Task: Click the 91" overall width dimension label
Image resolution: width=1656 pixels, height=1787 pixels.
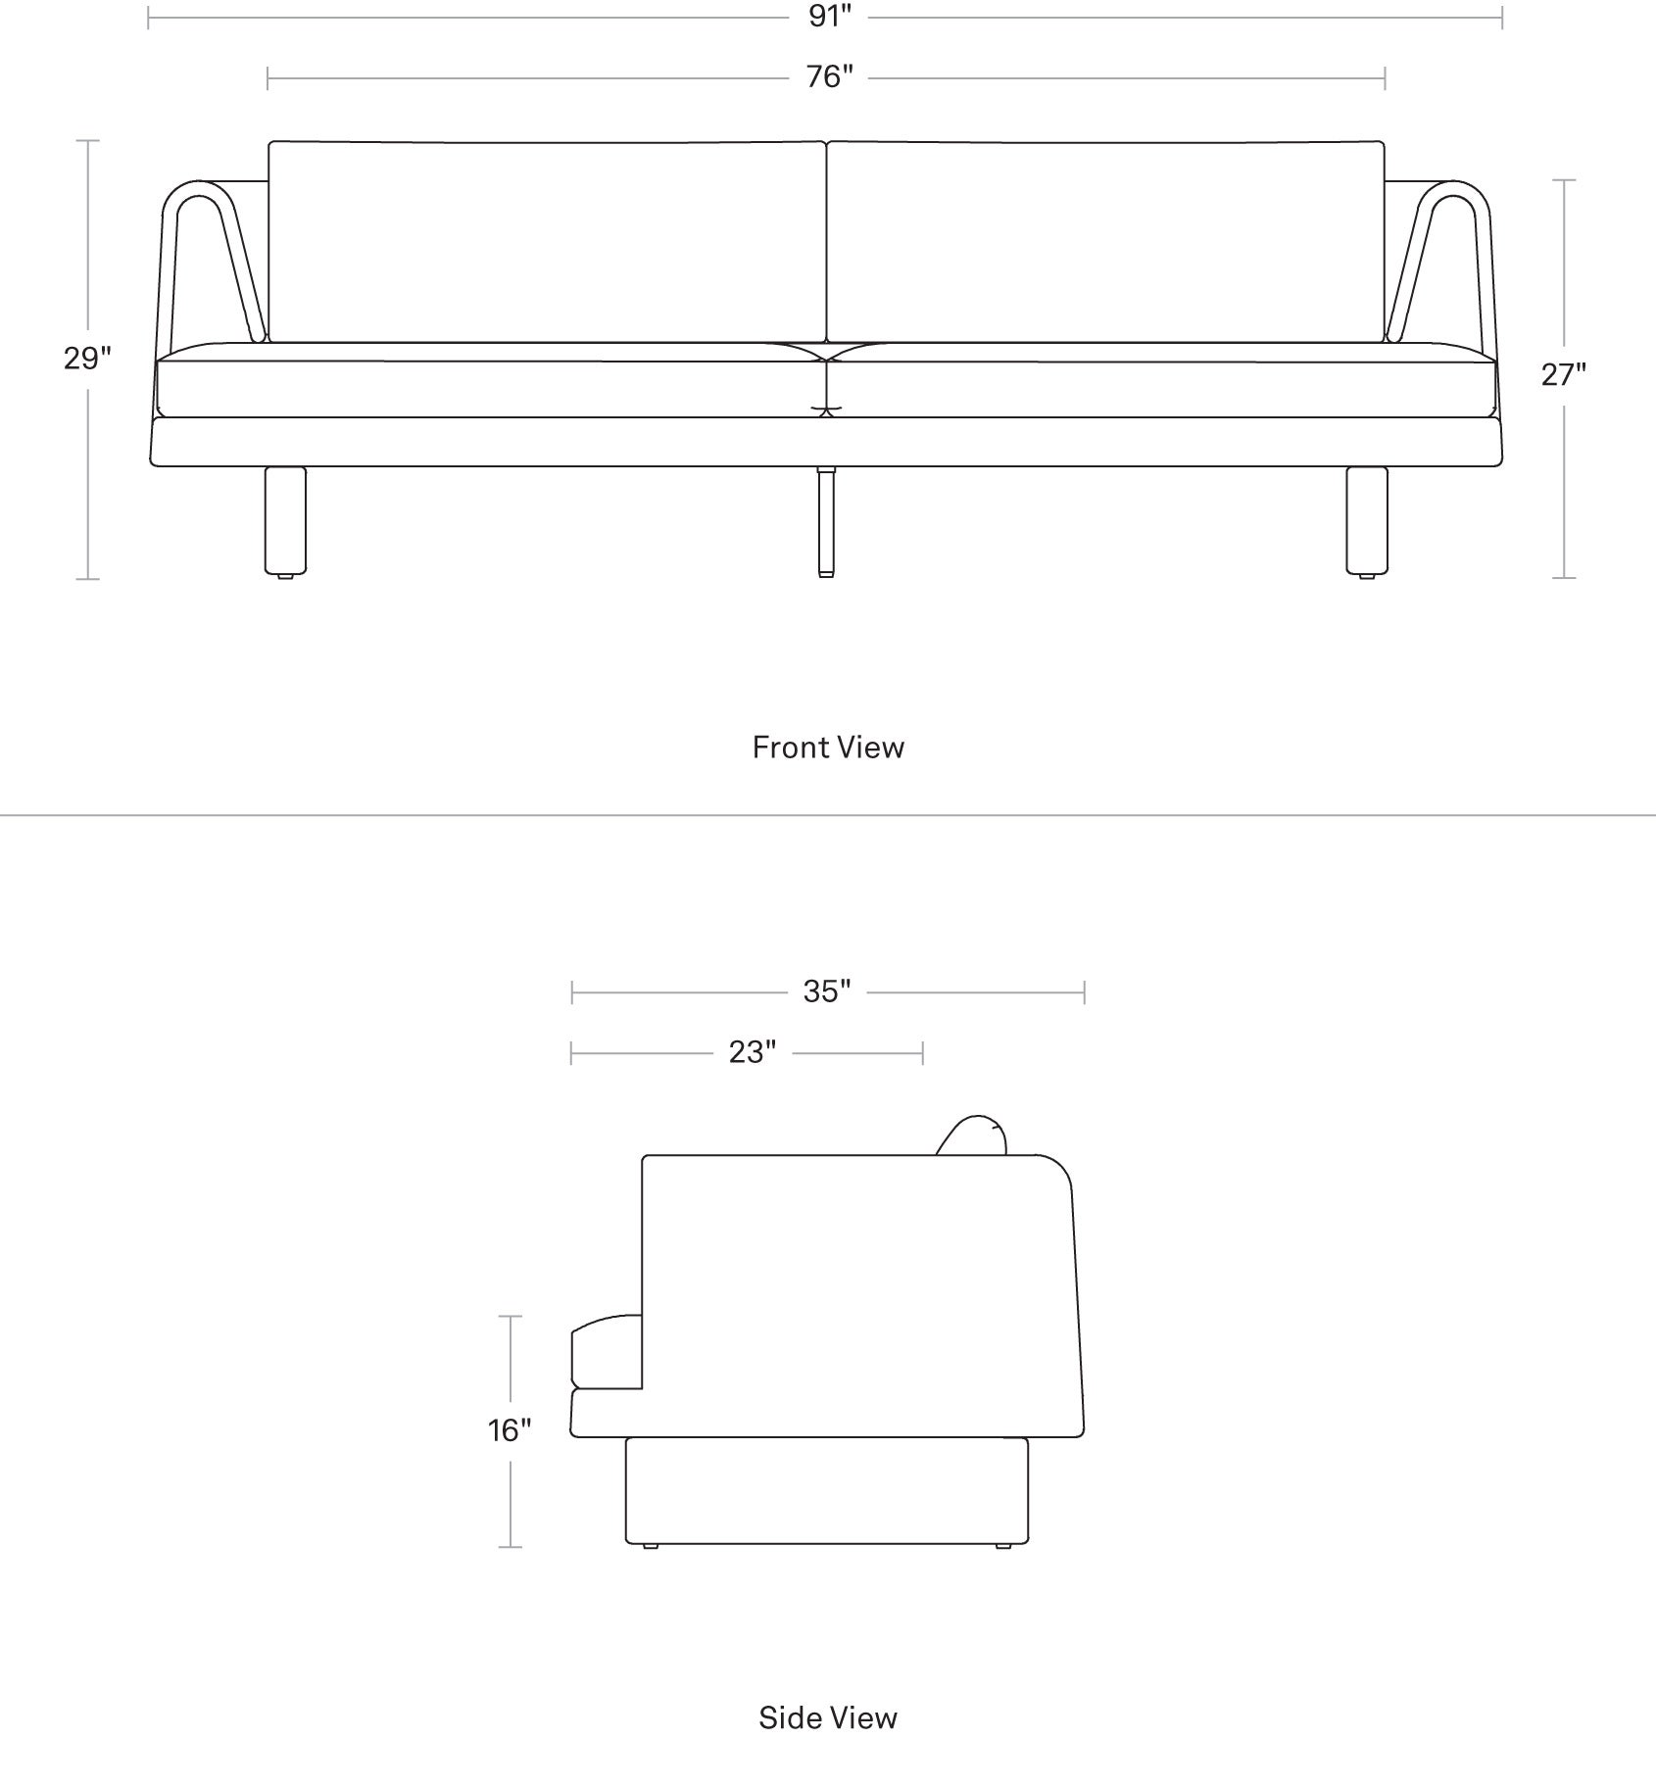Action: (x=830, y=17)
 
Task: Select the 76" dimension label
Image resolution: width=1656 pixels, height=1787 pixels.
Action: (x=830, y=76)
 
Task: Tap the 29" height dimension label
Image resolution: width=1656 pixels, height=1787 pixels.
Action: (x=87, y=359)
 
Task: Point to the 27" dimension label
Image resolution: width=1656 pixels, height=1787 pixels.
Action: (x=1563, y=374)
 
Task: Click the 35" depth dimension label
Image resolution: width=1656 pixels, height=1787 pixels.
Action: (x=827, y=991)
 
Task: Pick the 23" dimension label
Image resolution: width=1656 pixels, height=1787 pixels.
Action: (x=753, y=1052)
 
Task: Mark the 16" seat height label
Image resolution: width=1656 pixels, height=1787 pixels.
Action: (x=510, y=1430)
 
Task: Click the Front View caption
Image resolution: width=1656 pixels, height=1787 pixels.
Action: (x=828, y=748)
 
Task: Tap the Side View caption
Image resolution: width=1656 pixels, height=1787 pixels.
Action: (x=828, y=1717)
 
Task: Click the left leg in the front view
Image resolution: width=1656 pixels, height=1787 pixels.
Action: (x=285, y=520)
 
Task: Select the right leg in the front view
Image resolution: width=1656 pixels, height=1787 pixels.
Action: (x=1367, y=520)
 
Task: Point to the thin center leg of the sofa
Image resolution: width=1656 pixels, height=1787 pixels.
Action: (x=826, y=520)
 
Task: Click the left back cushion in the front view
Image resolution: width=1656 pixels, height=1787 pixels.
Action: (x=548, y=241)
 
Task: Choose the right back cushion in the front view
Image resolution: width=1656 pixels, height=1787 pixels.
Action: (x=1106, y=241)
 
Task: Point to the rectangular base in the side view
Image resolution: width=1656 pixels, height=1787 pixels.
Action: (x=827, y=1490)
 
